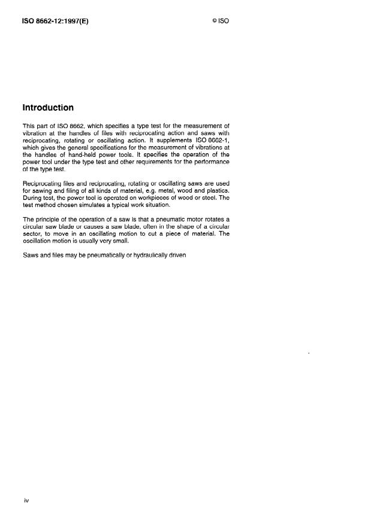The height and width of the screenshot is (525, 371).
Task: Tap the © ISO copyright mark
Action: click(x=221, y=20)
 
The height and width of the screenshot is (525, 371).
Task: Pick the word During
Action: click(x=32, y=199)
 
